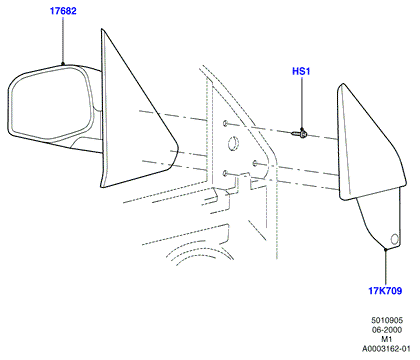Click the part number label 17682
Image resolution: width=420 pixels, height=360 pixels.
tap(63, 11)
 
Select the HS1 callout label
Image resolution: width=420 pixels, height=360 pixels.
tap(301, 71)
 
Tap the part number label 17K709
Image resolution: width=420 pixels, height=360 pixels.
tap(385, 291)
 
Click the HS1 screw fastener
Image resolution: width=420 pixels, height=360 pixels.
tap(299, 134)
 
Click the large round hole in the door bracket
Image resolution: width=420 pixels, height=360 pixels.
tap(234, 143)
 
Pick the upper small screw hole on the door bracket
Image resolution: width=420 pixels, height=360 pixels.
tap(225, 123)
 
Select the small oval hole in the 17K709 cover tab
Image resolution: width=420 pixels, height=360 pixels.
tap(394, 239)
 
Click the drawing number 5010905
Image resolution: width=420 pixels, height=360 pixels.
tap(387, 320)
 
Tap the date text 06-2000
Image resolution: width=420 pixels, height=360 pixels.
tap(387, 330)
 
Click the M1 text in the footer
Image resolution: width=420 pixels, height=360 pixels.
tap(387, 339)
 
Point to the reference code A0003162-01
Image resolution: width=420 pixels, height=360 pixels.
tap(386, 349)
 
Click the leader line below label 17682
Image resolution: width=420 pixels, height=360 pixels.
tap(63, 40)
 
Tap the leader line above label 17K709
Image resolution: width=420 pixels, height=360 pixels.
tap(385, 267)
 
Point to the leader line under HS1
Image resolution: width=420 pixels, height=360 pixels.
tap(302, 103)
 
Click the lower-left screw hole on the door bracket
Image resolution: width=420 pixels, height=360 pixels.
tap(225, 173)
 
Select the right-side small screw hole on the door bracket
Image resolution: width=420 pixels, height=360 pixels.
tap(255, 163)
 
